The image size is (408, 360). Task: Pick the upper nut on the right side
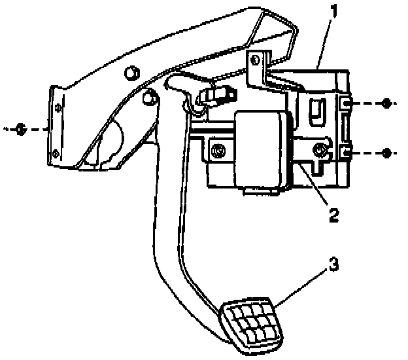(388, 104)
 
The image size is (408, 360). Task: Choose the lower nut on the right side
(388, 154)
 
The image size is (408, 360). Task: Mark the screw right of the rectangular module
(320, 151)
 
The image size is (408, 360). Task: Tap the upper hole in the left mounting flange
(57, 105)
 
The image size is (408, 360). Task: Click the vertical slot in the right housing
(315, 109)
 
